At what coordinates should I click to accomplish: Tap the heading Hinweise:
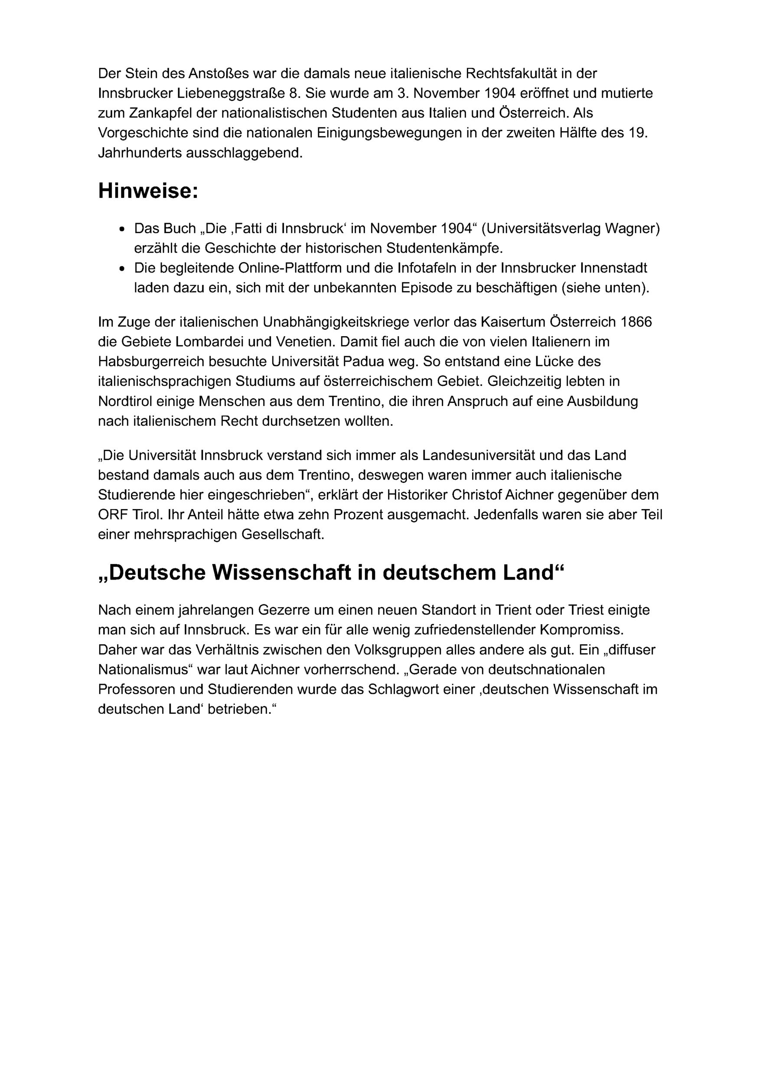click(148, 191)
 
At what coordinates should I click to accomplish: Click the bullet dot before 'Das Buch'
click(123, 229)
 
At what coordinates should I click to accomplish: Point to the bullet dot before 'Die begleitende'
click(123, 269)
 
